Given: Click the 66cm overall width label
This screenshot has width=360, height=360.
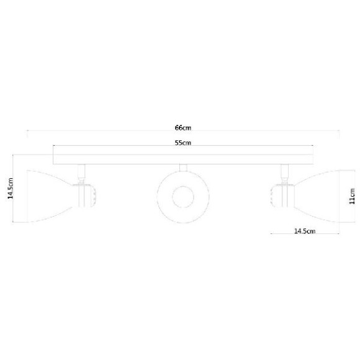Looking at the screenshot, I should tap(182, 127).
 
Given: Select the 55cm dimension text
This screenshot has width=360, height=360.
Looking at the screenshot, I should tap(182, 143).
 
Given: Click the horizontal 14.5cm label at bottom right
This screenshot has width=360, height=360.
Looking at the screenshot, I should tap(305, 231).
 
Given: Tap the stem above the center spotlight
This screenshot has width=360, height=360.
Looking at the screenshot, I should tap(182, 168).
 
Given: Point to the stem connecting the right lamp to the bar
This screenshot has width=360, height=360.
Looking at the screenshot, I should tap(285, 171).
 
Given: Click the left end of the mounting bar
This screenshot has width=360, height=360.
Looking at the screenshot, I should tap(55, 155).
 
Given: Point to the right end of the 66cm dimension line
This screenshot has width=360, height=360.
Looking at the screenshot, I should tap(340, 132).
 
